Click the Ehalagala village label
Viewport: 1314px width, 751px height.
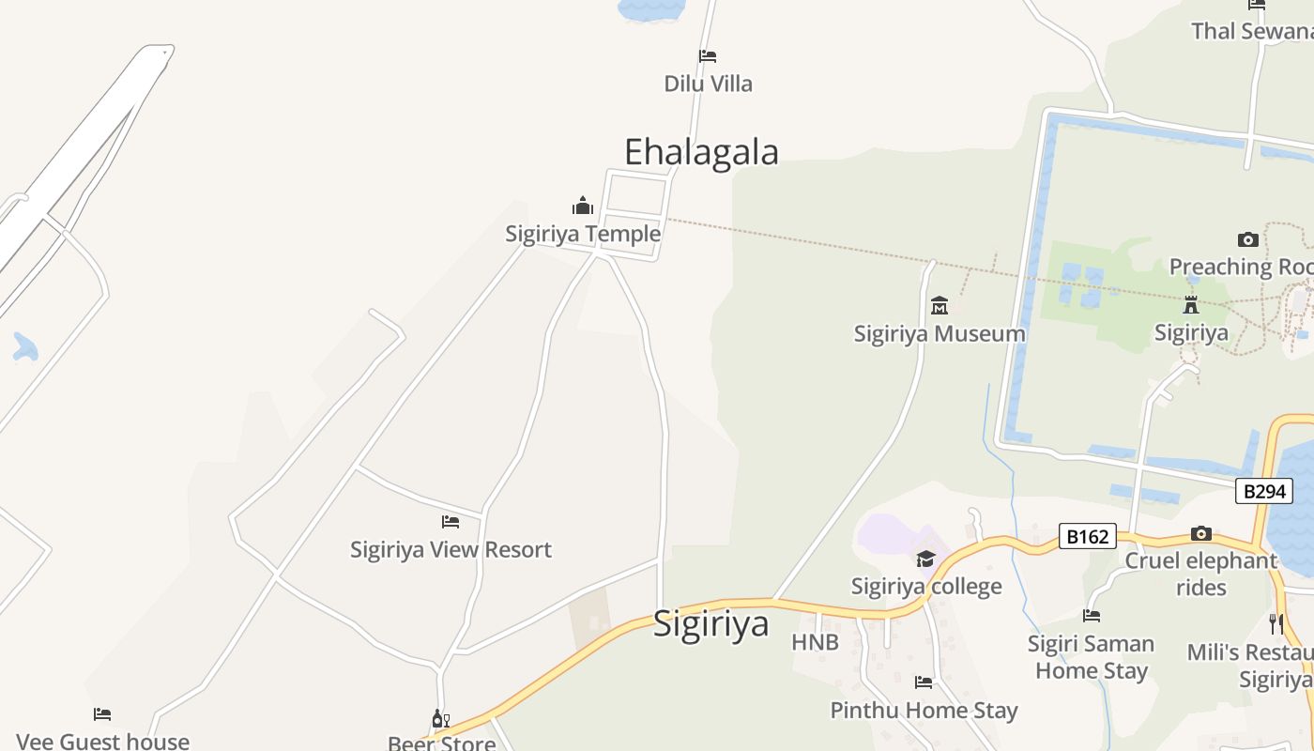(701, 151)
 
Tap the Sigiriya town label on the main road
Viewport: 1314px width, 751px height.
(710, 623)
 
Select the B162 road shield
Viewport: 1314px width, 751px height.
(1088, 537)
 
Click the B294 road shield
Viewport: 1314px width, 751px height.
(1263, 491)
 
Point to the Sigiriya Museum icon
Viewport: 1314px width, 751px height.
(939, 305)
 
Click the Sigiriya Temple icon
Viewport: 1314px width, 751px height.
(583, 206)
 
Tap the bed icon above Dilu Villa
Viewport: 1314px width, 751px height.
(708, 56)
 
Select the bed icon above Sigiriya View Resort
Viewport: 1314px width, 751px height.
(451, 522)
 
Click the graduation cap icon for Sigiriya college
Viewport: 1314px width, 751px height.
(925, 559)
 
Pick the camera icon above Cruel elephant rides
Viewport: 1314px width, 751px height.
(1200, 534)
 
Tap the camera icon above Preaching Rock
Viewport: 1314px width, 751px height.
(1247, 239)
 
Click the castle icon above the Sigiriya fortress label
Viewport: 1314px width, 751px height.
(1191, 305)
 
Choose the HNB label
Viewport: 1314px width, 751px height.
(815, 643)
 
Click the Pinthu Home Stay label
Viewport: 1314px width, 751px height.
(924, 711)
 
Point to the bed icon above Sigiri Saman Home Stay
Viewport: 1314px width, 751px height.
(1091, 616)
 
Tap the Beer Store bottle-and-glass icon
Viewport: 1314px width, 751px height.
(440, 719)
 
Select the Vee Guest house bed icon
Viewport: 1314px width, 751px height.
(102, 715)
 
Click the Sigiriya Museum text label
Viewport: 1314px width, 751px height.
(939, 333)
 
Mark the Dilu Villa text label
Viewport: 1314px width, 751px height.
(708, 84)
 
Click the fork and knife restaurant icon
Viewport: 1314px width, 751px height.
(1276, 623)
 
